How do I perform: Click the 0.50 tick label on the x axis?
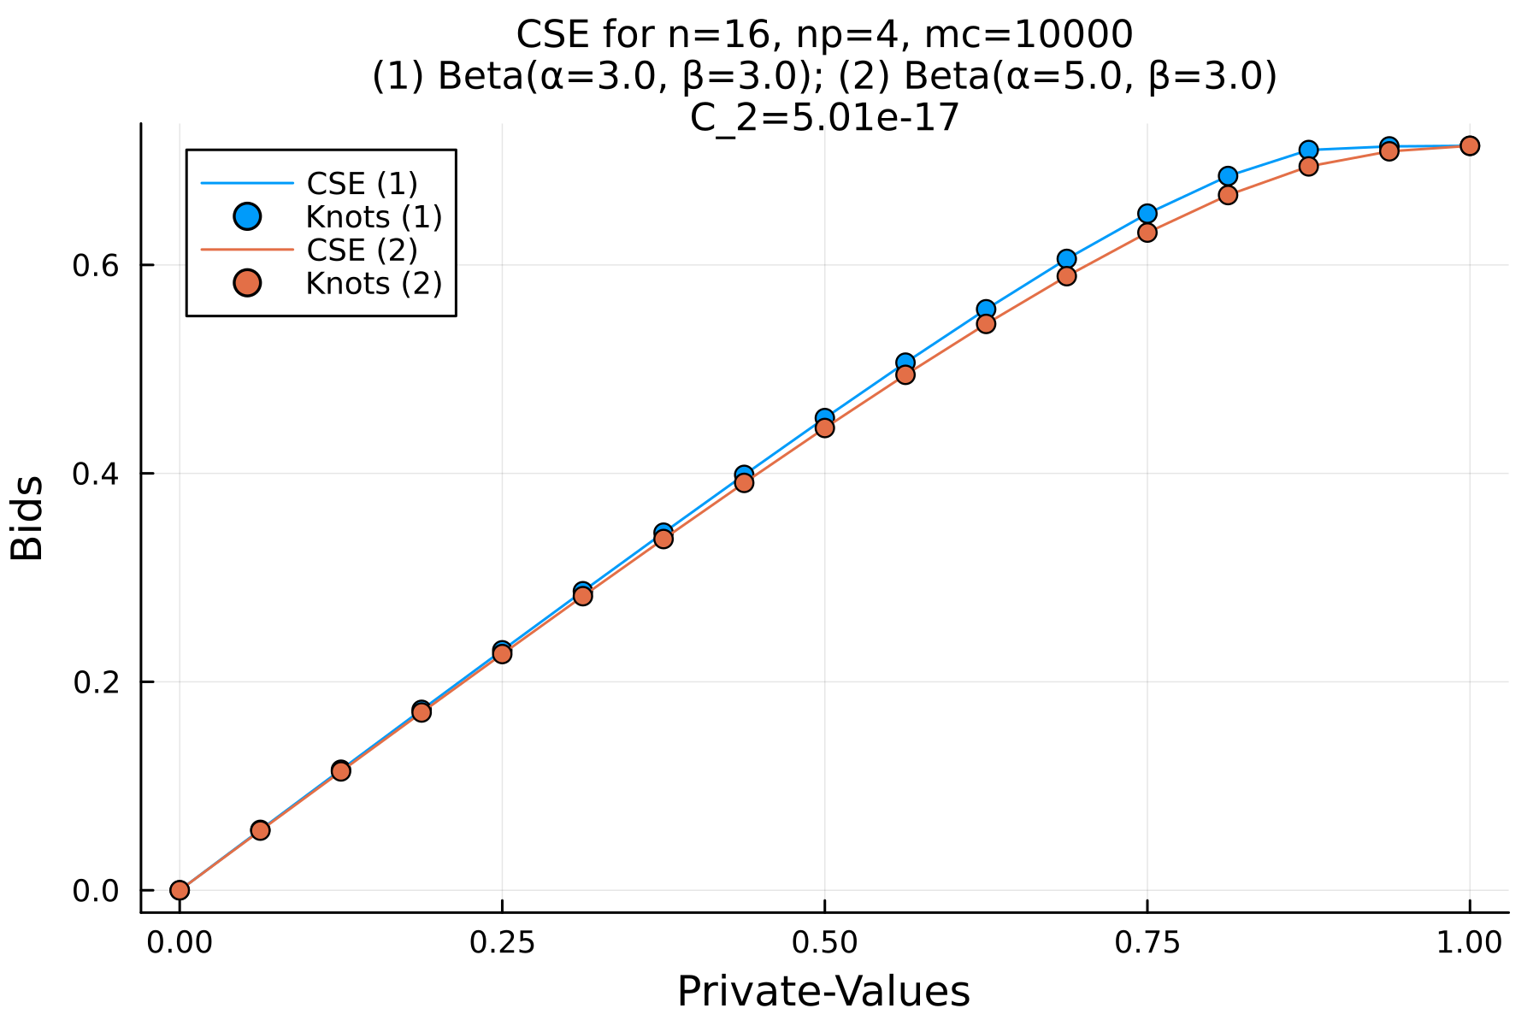[823, 942]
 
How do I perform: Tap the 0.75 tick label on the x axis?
[1147, 942]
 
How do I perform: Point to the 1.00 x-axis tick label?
[1469, 942]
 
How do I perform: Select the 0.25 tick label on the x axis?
[501, 942]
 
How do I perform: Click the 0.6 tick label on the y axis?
[96, 265]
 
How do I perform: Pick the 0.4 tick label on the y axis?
[96, 474]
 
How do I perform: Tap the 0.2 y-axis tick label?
[96, 682]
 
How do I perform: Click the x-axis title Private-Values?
[823, 992]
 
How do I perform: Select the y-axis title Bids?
[27, 518]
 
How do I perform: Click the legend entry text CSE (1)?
[362, 184]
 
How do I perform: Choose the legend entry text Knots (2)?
[374, 284]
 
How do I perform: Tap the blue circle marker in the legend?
[247, 217]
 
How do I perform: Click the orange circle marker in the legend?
[247, 284]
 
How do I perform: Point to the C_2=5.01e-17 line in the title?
[824, 118]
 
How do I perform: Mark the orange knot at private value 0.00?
[180, 890]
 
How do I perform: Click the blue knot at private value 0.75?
[1147, 214]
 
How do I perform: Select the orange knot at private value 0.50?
[824, 427]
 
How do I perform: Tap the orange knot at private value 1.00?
[1469, 146]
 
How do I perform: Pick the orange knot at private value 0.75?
[1147, 233]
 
